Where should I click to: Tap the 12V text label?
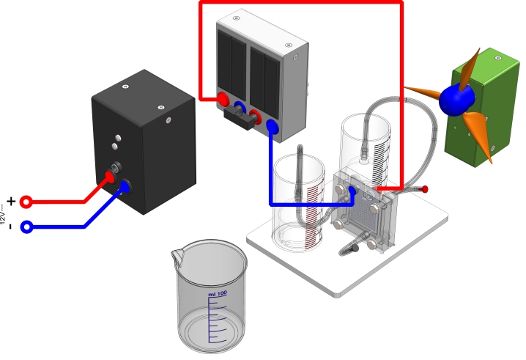point(4,214)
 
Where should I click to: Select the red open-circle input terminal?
point(26,201)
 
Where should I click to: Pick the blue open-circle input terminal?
point(26,227)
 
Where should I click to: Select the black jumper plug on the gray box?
point(247,117)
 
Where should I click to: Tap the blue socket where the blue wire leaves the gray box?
point(272,126)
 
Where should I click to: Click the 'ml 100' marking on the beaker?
point(218,294)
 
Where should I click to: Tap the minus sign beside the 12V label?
point(10,227)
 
